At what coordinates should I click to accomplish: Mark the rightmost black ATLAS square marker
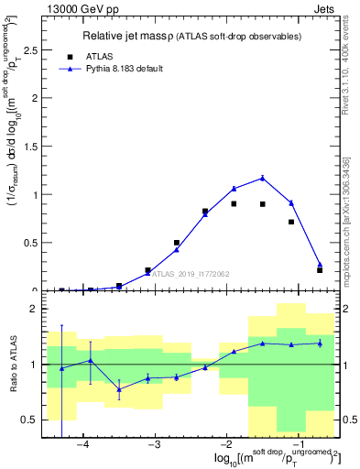[x=320, y=270]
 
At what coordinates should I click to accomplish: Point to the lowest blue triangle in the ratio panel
[x=119, y=388]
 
